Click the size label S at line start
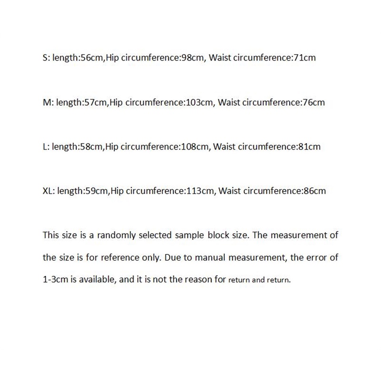click(x=45, y=58)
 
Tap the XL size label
click(x=48, y=191)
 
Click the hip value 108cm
click(x=194, y=147)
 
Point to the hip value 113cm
click(x=199, y=191)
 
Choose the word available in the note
click(x=93, y=280)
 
